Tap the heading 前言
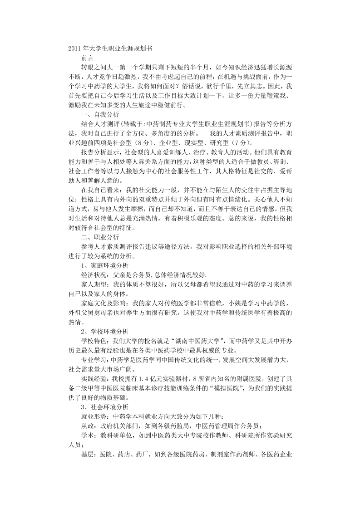click(x=88, y=58)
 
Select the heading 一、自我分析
click(x=100, y=115)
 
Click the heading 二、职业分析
click(x=100, y=237)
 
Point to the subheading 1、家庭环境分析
click(x=104, y=265)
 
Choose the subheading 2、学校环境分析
click(x=104, y=331)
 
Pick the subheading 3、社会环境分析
click(x=104, y=406)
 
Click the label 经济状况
click(x=94, y=275)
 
